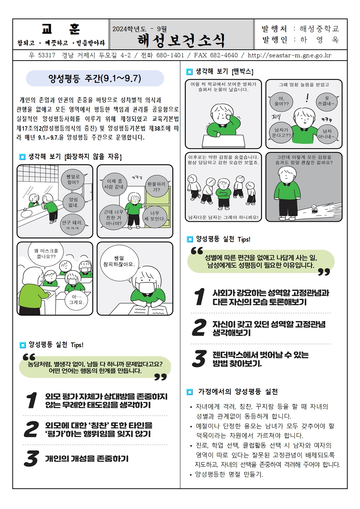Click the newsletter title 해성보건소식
tap(181, 40)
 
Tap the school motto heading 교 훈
tap(61, 29)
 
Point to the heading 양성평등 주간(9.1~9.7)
tap(95, 78)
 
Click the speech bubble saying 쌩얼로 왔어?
tap(73, 180)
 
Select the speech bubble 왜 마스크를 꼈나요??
tap(46, 254)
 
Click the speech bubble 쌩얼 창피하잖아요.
tap(119, 262)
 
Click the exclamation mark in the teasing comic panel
tap(307, 98)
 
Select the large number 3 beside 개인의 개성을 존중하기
tap(31, 459)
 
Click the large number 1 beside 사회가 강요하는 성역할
tap(199, 297)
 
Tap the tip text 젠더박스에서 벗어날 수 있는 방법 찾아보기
tap(260, 359)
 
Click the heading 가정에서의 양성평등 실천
tap(238, 392)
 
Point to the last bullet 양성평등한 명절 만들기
tap(229, 474)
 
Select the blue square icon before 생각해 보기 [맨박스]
tap(189, 72)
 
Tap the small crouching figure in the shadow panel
tap(314, 209)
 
